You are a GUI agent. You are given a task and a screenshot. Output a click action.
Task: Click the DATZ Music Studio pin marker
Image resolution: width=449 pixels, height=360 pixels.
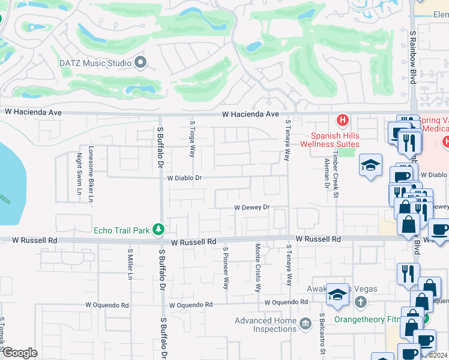point(141,62)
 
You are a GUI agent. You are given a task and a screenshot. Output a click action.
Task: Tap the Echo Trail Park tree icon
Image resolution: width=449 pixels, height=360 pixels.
point(158,229)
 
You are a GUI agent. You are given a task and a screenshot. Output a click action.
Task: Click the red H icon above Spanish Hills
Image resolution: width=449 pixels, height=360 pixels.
point(342,121)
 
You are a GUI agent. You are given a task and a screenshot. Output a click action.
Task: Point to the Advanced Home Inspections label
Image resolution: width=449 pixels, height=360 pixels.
point(267,325)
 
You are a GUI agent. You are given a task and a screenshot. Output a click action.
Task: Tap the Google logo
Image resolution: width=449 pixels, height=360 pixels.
point(19,353)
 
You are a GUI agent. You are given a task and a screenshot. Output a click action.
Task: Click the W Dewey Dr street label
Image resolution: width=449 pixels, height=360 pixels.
point(252,208)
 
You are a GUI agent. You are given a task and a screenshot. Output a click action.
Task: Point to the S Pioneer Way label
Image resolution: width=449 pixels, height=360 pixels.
point(226,268)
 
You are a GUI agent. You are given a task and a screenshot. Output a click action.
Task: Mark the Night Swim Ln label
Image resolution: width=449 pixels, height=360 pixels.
point(79,177)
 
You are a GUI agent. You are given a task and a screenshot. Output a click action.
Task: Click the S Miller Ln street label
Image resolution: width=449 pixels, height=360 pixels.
point(130,265)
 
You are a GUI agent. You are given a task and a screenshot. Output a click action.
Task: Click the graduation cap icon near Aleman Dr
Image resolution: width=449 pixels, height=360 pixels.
point(371,166)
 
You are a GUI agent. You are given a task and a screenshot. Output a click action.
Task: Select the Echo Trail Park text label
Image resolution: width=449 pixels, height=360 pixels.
point(123,230)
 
